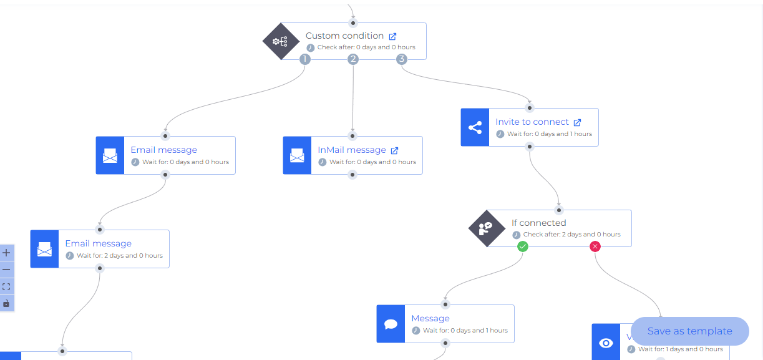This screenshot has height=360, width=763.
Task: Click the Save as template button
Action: [x=689, y=331]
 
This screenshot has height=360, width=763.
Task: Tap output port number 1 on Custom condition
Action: [x=304, y=59]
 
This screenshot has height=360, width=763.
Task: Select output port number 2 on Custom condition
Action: [x=353, y=59]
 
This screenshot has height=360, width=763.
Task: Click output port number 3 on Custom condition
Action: [x=402, y=59]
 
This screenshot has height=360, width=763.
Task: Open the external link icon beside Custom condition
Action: [x=392, y=36]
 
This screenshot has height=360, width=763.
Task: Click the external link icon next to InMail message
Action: [x=394, y=150]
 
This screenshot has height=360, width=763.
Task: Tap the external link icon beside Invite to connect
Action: [x=577, y=122]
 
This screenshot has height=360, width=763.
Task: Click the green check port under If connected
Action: [x=523, y=246]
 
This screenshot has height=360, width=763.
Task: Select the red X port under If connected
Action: [x=595, y=246]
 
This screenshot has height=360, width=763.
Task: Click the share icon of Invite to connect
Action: [x=475, y=128]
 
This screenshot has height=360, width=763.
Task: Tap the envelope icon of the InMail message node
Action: [x=297, y=155]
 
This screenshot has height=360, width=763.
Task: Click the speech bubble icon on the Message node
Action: [x=391, y=324]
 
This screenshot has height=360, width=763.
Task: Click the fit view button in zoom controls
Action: [x=7, y=286]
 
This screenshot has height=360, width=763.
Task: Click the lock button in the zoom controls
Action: [x=7, y=303]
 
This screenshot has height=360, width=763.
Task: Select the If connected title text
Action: [x=538, y=223]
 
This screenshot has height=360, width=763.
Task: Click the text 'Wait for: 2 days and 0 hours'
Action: [x=119, y=256]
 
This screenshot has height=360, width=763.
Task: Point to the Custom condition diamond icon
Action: [x=280, y=42]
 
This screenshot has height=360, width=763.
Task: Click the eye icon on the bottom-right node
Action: [x=605, y=343]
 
